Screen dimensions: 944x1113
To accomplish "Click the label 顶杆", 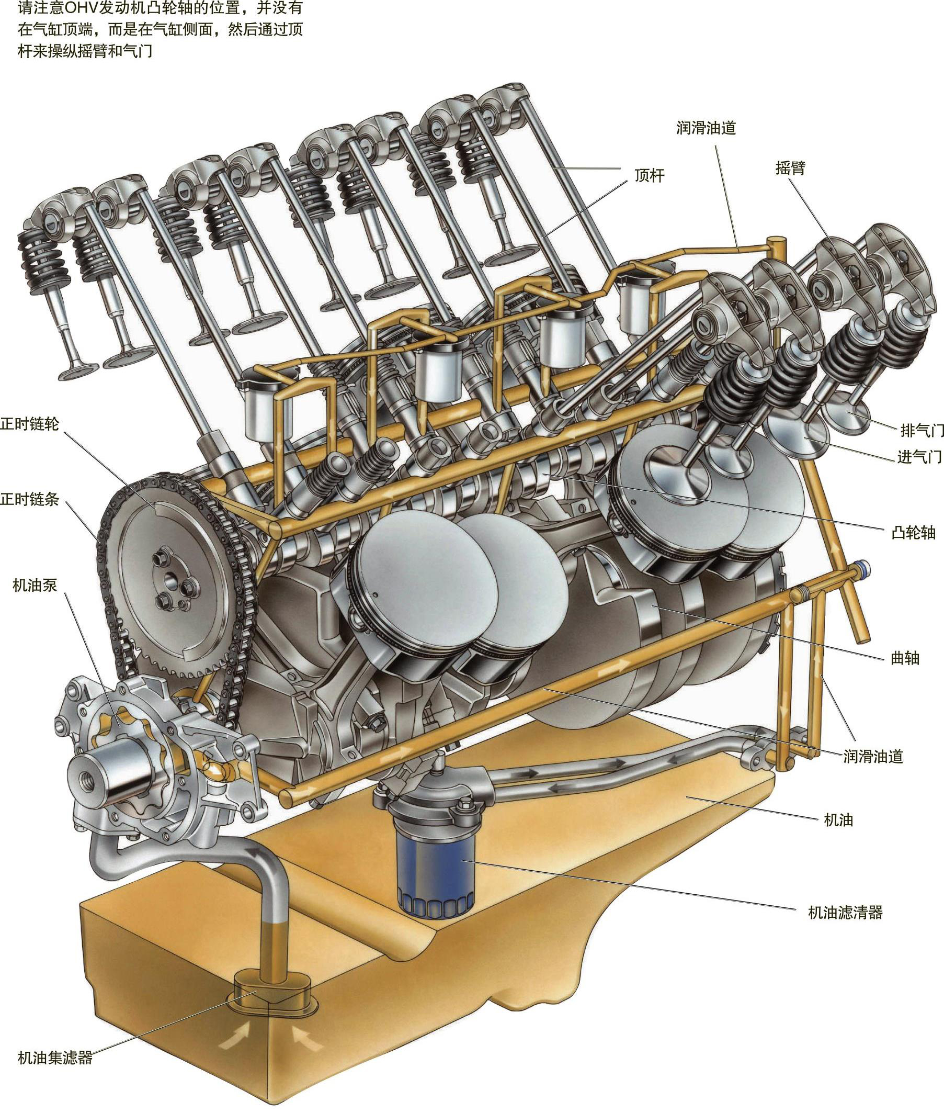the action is (x=649, y=176).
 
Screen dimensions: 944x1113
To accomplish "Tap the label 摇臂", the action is (x=790, y=168).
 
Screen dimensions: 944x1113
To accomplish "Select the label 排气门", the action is (x=922, y=430).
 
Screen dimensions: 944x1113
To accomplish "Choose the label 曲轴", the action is (x=905, y=658).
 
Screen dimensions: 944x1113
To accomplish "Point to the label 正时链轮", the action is (x=29, y=424).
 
